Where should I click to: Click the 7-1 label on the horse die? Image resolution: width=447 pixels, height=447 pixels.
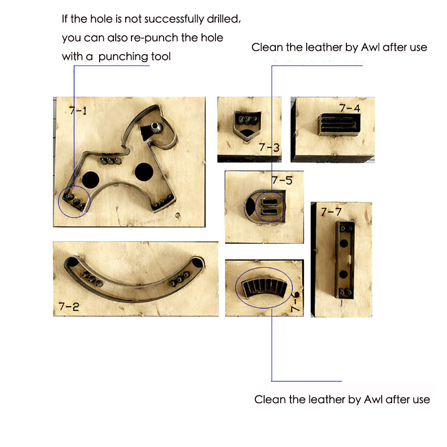[78, 110]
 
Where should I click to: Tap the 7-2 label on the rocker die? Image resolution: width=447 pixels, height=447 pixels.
[69, 307]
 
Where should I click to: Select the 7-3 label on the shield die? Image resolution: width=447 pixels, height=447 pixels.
[269, 148]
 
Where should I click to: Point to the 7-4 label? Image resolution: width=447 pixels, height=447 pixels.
[350, 108]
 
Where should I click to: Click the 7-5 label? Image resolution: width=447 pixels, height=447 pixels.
[282, 180]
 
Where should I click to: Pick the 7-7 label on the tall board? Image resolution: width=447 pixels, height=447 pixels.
[331, 212]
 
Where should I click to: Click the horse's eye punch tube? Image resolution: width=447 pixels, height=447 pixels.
[156, 127]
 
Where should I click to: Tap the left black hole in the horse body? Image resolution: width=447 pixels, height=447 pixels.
[90, 180]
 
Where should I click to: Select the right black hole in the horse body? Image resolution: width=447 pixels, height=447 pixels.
[144, 172]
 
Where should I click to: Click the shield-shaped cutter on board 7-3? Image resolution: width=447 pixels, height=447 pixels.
[247, 125]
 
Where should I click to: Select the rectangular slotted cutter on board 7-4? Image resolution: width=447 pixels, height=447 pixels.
[339, 125]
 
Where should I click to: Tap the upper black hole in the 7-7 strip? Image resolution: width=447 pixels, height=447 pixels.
[344, 244]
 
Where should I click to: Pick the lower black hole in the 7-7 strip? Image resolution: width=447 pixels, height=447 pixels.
[343, 274]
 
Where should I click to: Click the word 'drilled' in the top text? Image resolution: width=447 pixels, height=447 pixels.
[224, 19]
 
